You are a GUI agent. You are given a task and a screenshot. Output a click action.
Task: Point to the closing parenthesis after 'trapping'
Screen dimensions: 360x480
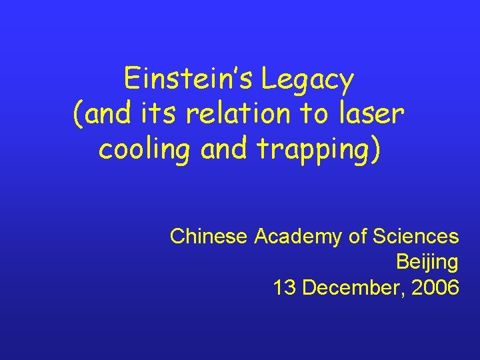tap(377, 149)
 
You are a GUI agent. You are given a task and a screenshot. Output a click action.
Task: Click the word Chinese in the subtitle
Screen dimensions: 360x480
tap(209, 236)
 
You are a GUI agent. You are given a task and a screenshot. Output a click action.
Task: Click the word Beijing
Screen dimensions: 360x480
tap(427, 263)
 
